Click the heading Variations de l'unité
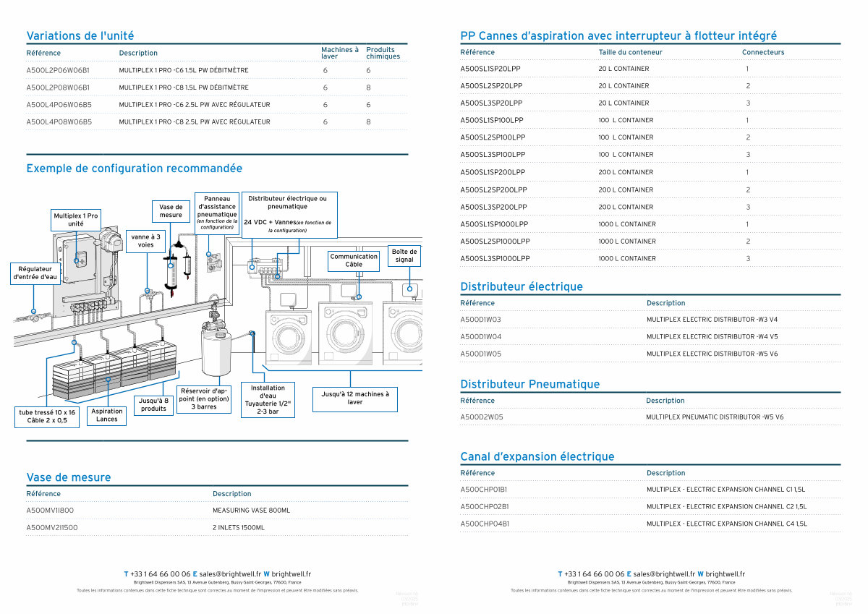[80, 35]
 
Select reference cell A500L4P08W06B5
[59, 122]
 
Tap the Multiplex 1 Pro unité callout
[76, 220]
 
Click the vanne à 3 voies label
[145, 240]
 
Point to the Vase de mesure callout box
[171, 210]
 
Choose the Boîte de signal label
[404, 255]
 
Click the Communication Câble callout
[354, 260]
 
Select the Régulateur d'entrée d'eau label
[35, 273]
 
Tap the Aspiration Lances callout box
[106, 415]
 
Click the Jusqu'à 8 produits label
[153, 404]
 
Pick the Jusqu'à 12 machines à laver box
[354, 398]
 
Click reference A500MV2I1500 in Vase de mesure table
[52, 528]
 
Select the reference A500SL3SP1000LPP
[495, 259]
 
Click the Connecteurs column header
[762, 52]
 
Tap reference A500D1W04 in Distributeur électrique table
[480, 337]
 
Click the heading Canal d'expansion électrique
[537, 456]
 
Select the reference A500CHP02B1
[484, 507]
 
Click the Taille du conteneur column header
[630, 52]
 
